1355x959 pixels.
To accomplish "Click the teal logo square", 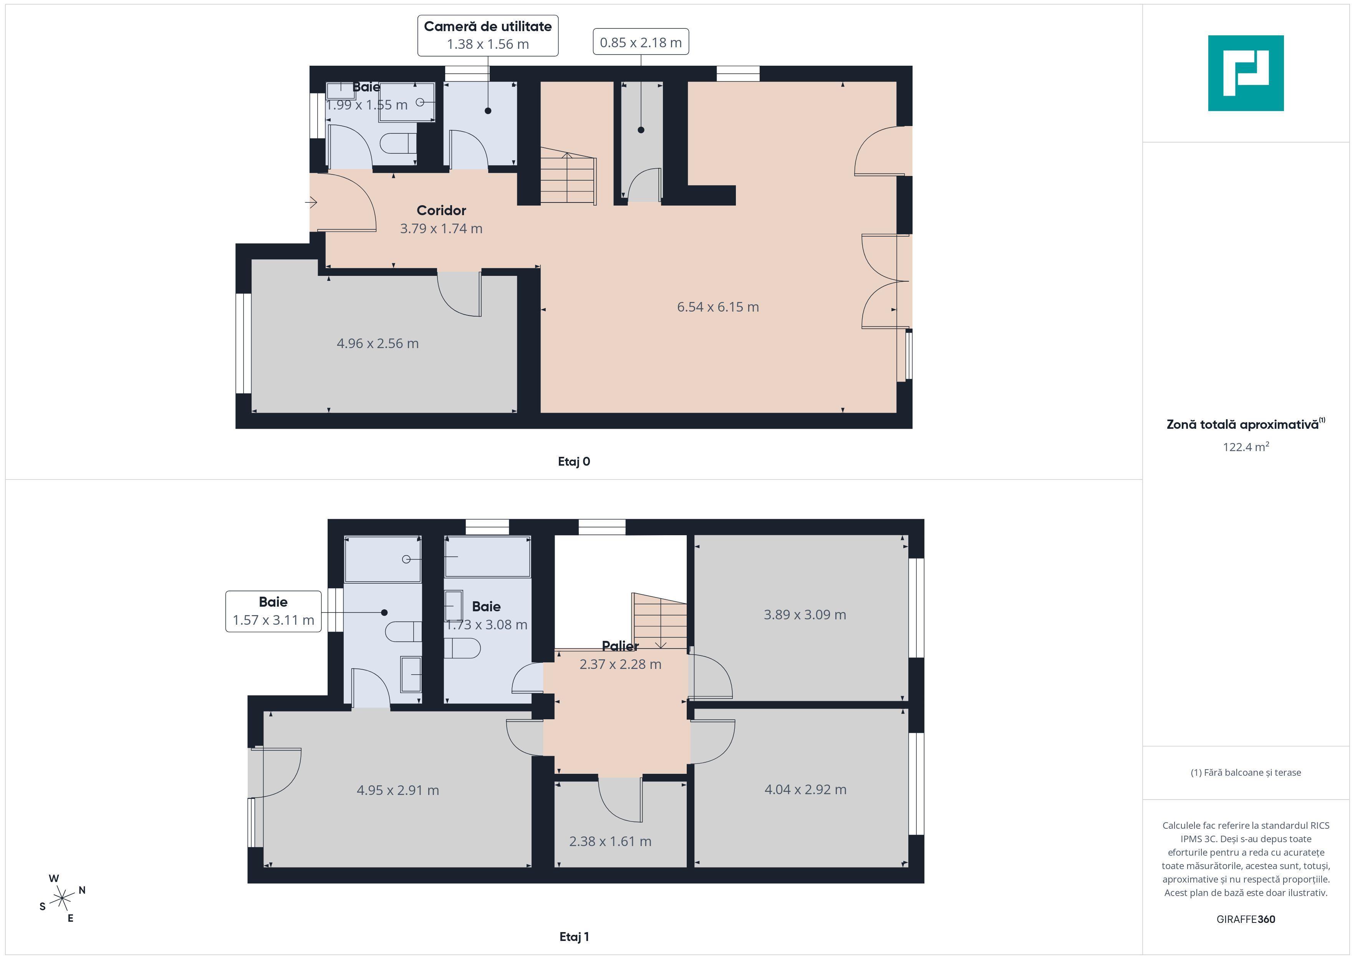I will tap(1245, 73).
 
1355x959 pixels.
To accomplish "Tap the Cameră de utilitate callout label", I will tap(487, 35).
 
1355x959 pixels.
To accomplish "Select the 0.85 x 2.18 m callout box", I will tap(640, 42).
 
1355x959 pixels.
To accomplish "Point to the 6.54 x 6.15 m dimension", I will tap(717, 307).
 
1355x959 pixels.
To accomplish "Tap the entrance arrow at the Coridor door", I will tap(311, 202).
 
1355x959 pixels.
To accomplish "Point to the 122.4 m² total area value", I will tap(1245, 447).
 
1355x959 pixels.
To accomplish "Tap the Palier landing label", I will tap(620, 646).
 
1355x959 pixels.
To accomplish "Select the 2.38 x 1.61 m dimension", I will tap(610, 841).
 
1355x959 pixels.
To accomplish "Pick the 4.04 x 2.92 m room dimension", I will tap(805, 790).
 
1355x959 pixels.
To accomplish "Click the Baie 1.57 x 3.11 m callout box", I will tap(273, 611).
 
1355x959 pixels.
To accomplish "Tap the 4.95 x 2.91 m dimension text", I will tap(398, 790).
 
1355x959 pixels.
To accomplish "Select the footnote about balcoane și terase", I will tap(1245, 772).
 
